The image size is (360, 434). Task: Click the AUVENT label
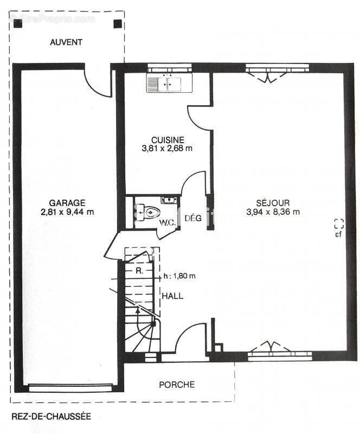point(66,42)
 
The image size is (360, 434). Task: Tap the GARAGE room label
point(67,203)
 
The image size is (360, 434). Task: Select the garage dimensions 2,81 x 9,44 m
point(67,212)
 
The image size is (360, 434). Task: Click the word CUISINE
point(168,140)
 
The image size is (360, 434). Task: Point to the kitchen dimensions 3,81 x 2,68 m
point(167,148)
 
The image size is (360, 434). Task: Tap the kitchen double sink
point(169,82)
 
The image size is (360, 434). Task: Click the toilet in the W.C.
point(146,213)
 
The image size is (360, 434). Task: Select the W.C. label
point(168,222)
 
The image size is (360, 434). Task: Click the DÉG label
point(193,218)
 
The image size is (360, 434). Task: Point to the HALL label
point(172,296)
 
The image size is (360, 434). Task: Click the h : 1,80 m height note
point(179,276)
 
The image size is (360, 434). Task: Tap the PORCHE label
point(177,385)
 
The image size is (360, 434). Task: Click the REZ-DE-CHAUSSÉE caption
point(51,416)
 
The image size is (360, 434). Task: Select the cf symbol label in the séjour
point(338,234)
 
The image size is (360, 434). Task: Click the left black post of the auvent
point(18,24)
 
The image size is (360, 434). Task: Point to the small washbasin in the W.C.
point(169,200)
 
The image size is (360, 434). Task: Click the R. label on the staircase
point(139,271)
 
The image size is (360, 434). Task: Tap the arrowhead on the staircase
point(138,310)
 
